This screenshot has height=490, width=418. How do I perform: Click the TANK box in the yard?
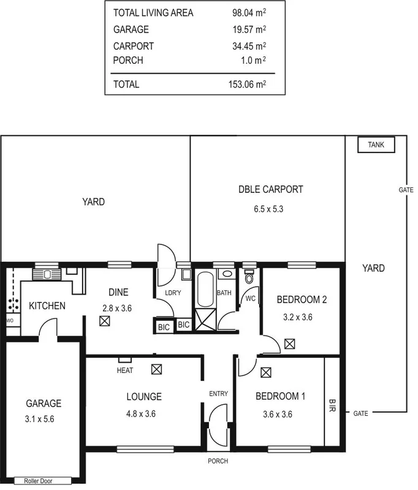point(376,145)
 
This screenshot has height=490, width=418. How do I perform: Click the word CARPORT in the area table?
point(133,46)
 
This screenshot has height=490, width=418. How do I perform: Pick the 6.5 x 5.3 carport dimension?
point(270,209)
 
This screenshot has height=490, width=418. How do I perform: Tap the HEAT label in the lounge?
point(125,370)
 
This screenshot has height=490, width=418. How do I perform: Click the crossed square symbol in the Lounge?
point(157,369)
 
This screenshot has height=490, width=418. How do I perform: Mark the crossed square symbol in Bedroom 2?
point(289,344)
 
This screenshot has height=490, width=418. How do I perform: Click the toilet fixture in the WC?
point(248,277)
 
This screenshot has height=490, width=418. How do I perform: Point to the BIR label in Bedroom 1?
point(332,405)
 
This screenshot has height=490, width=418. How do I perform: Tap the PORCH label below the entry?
point(218,461)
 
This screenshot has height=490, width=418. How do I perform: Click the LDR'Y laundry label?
point(173,293)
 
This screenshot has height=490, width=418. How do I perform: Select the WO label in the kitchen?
point(9,320)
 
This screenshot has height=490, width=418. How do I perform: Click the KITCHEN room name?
point(47,305)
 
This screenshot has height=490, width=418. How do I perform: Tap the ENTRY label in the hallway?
point(218,393)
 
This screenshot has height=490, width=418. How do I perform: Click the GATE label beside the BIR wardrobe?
point(361,413)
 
